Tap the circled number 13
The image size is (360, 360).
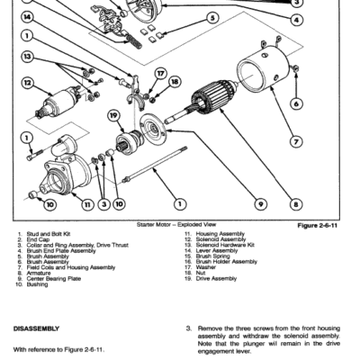(30, 58)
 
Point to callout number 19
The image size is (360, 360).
(113, 114)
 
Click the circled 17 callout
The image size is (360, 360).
(159, 73)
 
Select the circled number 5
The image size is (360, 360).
(212, 17)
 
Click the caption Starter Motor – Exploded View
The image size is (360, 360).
(175, 223)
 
